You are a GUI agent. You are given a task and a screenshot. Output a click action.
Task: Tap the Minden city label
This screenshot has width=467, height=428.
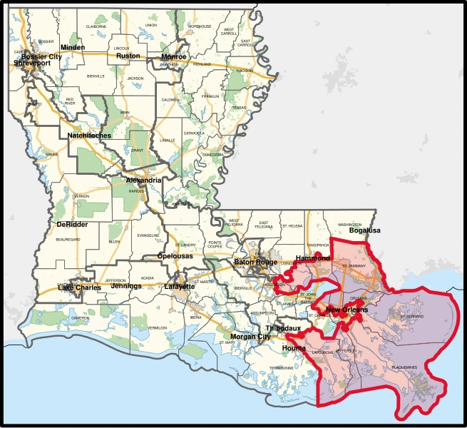[73, 48]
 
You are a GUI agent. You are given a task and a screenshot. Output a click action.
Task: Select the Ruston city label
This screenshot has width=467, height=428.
[128, 56]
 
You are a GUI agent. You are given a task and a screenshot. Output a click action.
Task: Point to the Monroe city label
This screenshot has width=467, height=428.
[174, 56]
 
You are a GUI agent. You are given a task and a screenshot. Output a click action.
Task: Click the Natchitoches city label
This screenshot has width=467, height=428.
[89, 135]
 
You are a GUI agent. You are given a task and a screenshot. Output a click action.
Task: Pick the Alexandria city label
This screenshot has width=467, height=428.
[143, 180]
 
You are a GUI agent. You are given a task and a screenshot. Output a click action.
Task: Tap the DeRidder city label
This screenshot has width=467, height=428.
[71, 224]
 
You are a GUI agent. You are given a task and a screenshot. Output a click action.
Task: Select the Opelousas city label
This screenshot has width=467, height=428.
[177, 255]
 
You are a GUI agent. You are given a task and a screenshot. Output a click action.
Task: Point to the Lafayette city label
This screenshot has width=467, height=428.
[180, 287]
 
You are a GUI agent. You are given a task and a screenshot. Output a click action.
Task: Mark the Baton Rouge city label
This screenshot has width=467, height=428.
[255, 262]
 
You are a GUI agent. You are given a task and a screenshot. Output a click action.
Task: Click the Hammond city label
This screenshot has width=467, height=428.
[313, 258]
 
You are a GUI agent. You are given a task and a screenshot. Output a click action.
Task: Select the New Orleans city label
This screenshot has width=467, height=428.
[347, 310]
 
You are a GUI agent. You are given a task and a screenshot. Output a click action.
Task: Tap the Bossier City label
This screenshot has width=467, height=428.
[41, 56]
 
